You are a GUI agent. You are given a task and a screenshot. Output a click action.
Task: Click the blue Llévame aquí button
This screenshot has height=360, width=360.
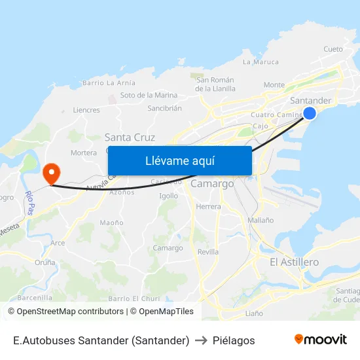179,160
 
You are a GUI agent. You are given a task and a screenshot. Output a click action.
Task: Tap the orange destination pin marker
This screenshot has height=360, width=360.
51,173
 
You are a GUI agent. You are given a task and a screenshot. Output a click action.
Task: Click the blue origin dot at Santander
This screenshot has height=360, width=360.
310,113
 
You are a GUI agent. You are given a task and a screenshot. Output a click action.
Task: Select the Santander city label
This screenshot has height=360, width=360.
310,100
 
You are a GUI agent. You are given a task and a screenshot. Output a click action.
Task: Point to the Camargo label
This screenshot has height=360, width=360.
212,184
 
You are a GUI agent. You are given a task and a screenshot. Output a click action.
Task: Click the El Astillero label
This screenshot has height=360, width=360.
294,262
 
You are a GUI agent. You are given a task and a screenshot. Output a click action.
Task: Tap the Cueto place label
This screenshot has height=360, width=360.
333,49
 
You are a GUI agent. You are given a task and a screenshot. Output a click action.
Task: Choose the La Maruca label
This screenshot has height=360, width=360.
261,62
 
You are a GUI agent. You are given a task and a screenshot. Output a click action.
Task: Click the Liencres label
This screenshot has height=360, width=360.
86,110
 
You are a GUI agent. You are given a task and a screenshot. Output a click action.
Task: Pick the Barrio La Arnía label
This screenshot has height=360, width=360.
109,83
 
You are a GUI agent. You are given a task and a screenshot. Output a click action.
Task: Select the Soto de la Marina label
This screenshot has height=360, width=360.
149,96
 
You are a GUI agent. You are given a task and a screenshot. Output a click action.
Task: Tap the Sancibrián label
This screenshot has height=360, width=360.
164,109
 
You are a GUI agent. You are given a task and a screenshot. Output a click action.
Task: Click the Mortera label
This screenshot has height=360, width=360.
83,153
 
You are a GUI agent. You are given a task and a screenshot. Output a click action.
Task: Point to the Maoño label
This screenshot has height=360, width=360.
111,223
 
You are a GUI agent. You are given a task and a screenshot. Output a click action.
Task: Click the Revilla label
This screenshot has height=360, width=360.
207,251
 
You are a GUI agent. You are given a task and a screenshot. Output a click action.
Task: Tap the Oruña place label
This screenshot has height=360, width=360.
45,262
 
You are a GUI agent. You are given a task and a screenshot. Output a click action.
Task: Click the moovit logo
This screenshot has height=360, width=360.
320,340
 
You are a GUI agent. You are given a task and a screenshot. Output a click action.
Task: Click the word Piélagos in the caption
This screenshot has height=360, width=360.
234,340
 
